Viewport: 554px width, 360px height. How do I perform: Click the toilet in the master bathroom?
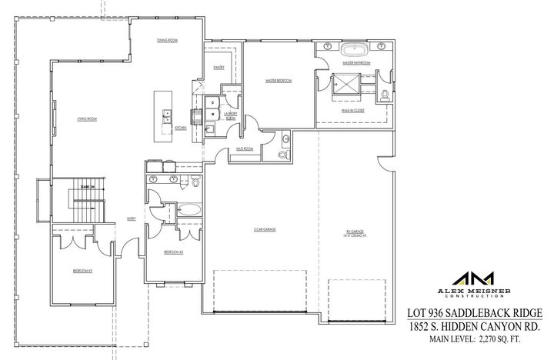[x=384, y=95]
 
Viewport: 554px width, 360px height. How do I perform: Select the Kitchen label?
[x=181, y=128]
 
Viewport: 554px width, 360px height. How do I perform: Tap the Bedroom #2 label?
[x=172, y=252]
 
